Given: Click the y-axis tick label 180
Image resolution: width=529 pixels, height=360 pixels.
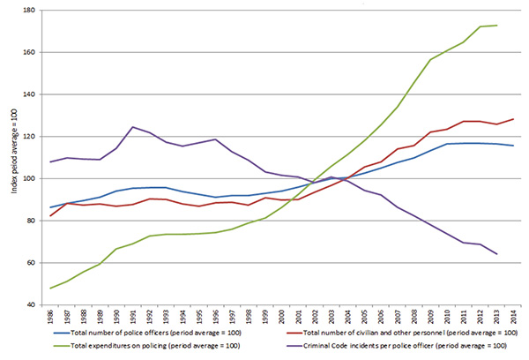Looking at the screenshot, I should (x=28, y=11).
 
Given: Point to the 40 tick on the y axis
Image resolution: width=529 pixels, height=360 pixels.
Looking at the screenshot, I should (x=30, y=305).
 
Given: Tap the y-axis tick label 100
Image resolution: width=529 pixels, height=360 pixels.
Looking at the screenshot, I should (x=28, y=179).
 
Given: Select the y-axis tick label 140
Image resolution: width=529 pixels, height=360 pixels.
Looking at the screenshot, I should (x=28, y=95).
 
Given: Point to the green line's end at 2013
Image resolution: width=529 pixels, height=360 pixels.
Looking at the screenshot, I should (x=496, y=26).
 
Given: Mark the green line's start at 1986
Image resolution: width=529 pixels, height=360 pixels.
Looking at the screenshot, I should (x=50, y=288).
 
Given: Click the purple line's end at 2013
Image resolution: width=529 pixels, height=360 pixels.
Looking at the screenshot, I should (x=496, y=254).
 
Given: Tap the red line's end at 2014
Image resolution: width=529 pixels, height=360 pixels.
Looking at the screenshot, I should (x=512, y=119).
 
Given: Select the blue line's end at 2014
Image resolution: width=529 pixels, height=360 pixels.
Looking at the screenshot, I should (x=512, y=146).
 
